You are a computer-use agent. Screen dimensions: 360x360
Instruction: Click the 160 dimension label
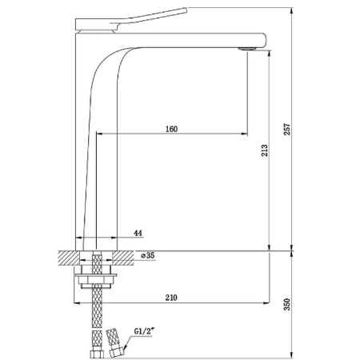[x=171, y=129]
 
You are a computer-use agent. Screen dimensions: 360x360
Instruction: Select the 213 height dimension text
[x=264, y=150]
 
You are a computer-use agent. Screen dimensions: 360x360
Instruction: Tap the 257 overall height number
[x=287, y=129]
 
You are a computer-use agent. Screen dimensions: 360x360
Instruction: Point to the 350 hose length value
[x=287, y=304]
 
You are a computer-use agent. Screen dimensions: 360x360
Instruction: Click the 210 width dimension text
[x=171, y=298]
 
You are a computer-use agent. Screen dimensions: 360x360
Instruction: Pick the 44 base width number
[x=138, y=233]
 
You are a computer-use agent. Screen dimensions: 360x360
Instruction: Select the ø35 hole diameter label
[x=147, y=255]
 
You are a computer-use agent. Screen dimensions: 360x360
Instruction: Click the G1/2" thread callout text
[x=144, y=331]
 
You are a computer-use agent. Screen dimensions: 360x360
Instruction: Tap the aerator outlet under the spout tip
[x=247, y=49]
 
